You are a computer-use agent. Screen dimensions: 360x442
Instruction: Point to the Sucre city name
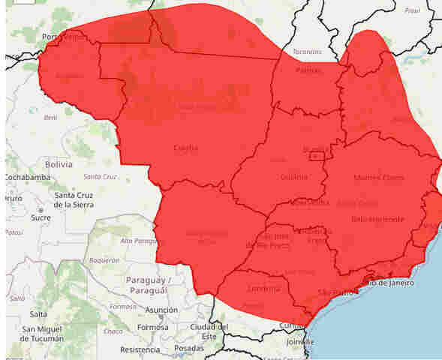point(41,217)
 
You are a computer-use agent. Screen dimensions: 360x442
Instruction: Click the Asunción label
point(161,309)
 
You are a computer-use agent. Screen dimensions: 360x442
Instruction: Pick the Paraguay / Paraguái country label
point(150,285)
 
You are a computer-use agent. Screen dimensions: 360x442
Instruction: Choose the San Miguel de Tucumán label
point(51,334)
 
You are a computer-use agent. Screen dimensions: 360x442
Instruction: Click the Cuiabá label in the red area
point(185,148)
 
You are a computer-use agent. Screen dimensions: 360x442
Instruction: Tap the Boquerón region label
point(104,260)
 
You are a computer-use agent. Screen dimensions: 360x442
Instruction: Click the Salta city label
point(38,314)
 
